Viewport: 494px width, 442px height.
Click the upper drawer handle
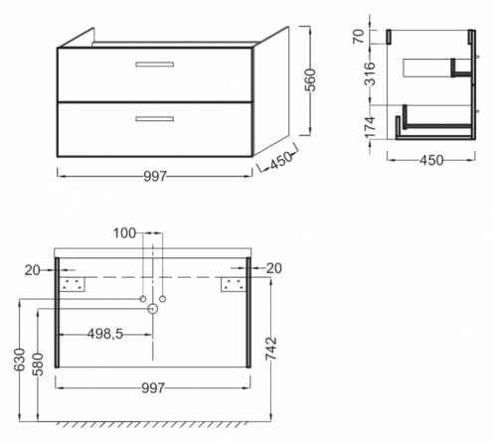tap(155, 65)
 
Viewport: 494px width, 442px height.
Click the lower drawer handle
tap(155, 119)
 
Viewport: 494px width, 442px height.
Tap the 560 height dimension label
tap(311, 80)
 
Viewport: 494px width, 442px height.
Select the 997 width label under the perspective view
tap(155, 176)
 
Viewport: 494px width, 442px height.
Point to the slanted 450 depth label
tap(281, 161)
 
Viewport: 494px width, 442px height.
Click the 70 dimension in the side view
tap(359, 36)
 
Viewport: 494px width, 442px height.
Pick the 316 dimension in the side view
tap(370, 74)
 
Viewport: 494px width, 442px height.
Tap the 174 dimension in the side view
tap(370, 127)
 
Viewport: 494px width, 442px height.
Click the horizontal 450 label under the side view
tap(431, 160)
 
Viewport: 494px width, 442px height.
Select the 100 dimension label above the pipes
tap(124, 233)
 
